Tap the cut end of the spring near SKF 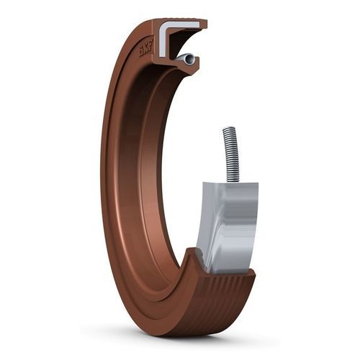pos(189,59)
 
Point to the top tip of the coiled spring pos(228,130)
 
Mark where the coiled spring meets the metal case pos(232,181)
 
